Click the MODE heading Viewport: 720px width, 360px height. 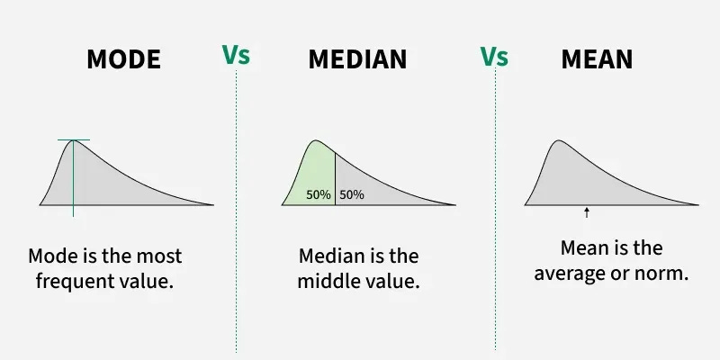point(123,60)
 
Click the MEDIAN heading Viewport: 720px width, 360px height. point(357,60)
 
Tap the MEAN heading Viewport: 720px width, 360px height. point(597,60)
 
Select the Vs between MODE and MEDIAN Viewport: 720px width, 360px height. point(236,54)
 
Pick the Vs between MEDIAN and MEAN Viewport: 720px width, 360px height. point(494,56)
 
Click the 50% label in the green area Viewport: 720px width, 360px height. point(319,194)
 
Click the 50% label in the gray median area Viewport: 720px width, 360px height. point(352,194)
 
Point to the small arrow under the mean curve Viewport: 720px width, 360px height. point(587,212)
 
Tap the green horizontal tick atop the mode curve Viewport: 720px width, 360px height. point(74,140)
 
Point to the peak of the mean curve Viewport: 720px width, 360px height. point(558,141)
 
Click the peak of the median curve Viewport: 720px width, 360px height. point(315,141)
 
